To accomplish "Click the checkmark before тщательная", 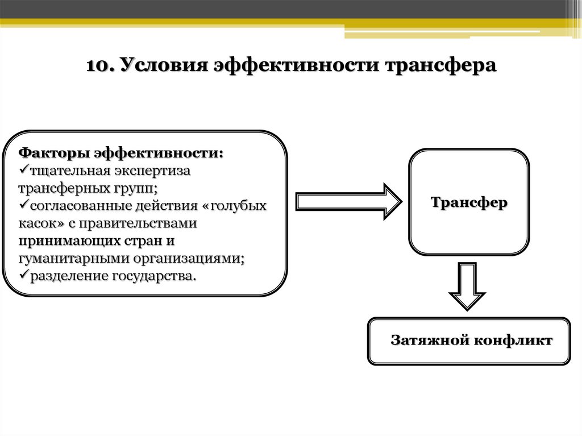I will pyautogui.click(x=23, y=169).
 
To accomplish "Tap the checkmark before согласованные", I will pyautogui.click(x=23, y=205).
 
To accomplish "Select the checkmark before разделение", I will pyautogui.click(x=23, y=276).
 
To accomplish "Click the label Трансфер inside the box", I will pyautogui.click(x=469, y=202).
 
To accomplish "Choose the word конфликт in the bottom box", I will pyautogui.click(x=514, y=341).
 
